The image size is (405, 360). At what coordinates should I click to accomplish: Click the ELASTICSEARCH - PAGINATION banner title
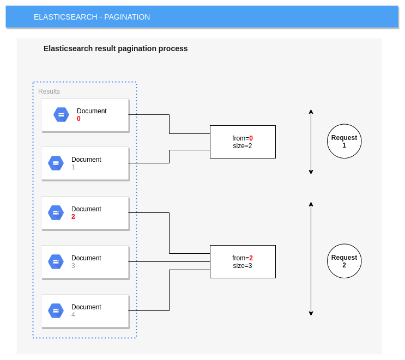92,17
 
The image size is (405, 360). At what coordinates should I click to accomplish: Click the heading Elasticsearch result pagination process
116,48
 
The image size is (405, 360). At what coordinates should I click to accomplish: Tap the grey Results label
49,91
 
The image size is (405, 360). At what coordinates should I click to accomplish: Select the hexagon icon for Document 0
61,114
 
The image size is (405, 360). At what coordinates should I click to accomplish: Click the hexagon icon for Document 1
56,163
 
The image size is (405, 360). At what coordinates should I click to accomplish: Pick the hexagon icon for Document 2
56,212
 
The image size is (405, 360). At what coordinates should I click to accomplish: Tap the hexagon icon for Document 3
56,261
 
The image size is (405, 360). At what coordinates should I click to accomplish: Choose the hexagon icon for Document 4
56,310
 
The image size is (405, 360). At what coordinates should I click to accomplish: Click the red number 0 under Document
78,119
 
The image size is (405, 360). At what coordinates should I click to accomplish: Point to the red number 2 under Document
73,217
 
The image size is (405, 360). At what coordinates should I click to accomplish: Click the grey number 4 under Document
73,315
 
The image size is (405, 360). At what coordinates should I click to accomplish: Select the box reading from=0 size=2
243,142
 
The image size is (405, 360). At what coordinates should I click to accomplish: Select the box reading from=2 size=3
243,261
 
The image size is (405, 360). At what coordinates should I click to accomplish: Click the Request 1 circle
344,141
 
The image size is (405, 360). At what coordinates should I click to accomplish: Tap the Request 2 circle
344,261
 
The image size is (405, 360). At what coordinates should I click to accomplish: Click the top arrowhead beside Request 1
311,112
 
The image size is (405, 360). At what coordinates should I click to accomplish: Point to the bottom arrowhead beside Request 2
311,313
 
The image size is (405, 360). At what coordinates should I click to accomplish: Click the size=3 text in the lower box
243,266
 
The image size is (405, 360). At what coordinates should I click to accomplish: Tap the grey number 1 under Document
73,167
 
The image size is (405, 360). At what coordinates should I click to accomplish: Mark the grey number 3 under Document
73,266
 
